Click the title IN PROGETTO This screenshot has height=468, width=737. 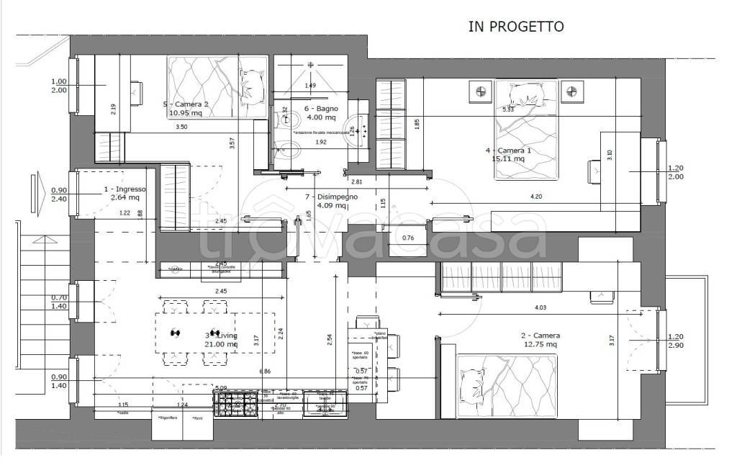[x=515, y=27]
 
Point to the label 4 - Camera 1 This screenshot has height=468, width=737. [x=508, y=150]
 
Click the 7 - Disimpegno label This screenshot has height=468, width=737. [x=332, y=197]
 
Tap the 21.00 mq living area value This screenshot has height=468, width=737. [x=222, y=344]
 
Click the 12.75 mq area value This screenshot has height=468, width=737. [x=540, y=344]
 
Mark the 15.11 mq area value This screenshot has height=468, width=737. [x=509, y=160]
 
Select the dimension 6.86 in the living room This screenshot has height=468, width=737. [x=267, y=371]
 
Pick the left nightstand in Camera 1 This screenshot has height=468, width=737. [x=479, y=91]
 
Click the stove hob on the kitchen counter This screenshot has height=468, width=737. [x=235, y=406]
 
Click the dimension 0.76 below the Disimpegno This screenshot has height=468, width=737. [x=408, y=237]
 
